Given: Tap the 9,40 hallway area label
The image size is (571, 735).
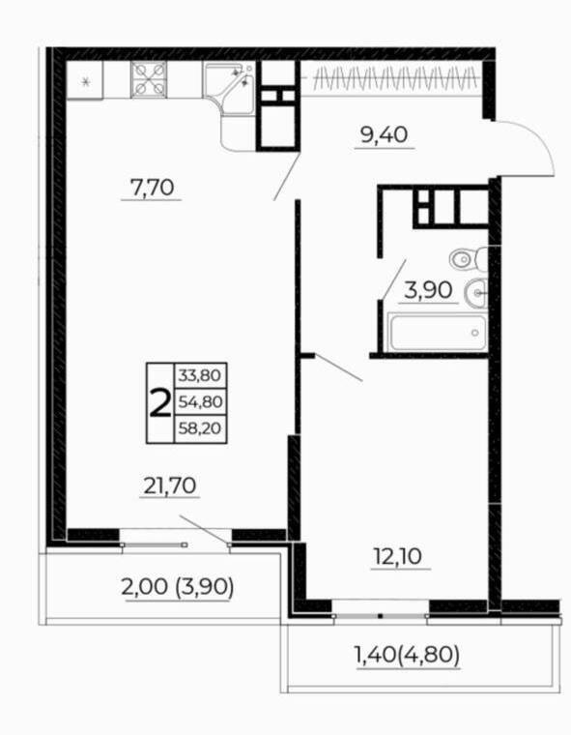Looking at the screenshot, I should pyautogui.click(x=384, y=134).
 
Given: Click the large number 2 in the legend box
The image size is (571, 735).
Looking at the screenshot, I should pyautogui.click(x=159, y=401).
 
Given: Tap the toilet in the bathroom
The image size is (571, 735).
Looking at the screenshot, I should pyautogui.click(x=468, y=259).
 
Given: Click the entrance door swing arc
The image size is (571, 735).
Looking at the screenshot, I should pyautogui.click(x=528, y=145).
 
